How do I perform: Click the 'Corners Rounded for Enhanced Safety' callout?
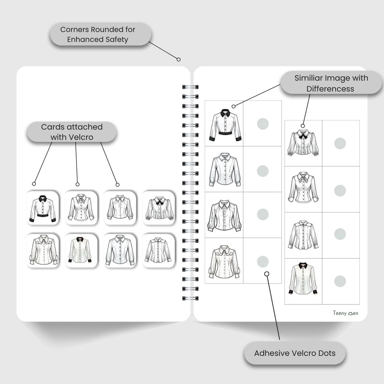pyautogui.click(x=100, y=34)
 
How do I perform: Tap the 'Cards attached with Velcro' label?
pyautogui.click(x=71, y=132)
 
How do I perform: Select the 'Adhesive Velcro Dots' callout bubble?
pyautogui.click(x=295, y=353)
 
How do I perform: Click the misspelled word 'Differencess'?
pyautogui.click(x=330, y=89)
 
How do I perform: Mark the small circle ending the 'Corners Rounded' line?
pyautogui.click(x=178, y=59)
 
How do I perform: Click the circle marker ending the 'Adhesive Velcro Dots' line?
pyautogui.click(x=267, y=274)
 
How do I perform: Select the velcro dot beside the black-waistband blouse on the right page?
pyautogui.click(x=262, y=123)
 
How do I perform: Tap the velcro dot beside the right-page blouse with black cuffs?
pyautogui.click(x=340, y=281)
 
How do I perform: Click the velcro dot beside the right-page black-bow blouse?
pyautogui.click(x=340, y=143)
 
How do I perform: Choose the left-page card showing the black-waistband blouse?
pyautogui.click(x=43, y=208)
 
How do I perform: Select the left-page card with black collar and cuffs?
pyautogui.click(x=81, y=250)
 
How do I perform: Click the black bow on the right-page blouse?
pyautogui.click(x=303, y=136)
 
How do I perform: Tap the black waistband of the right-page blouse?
pyautogui.click(x=225, y=133)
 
